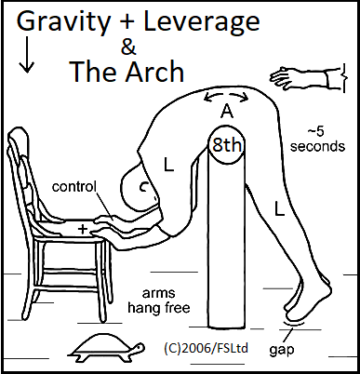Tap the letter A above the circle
224,113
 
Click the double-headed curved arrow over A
225,96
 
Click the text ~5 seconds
317,140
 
